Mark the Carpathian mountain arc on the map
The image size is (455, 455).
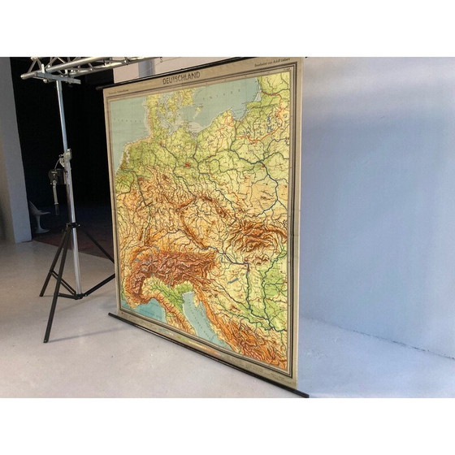(258, 235)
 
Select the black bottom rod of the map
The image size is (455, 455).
(203, 353)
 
